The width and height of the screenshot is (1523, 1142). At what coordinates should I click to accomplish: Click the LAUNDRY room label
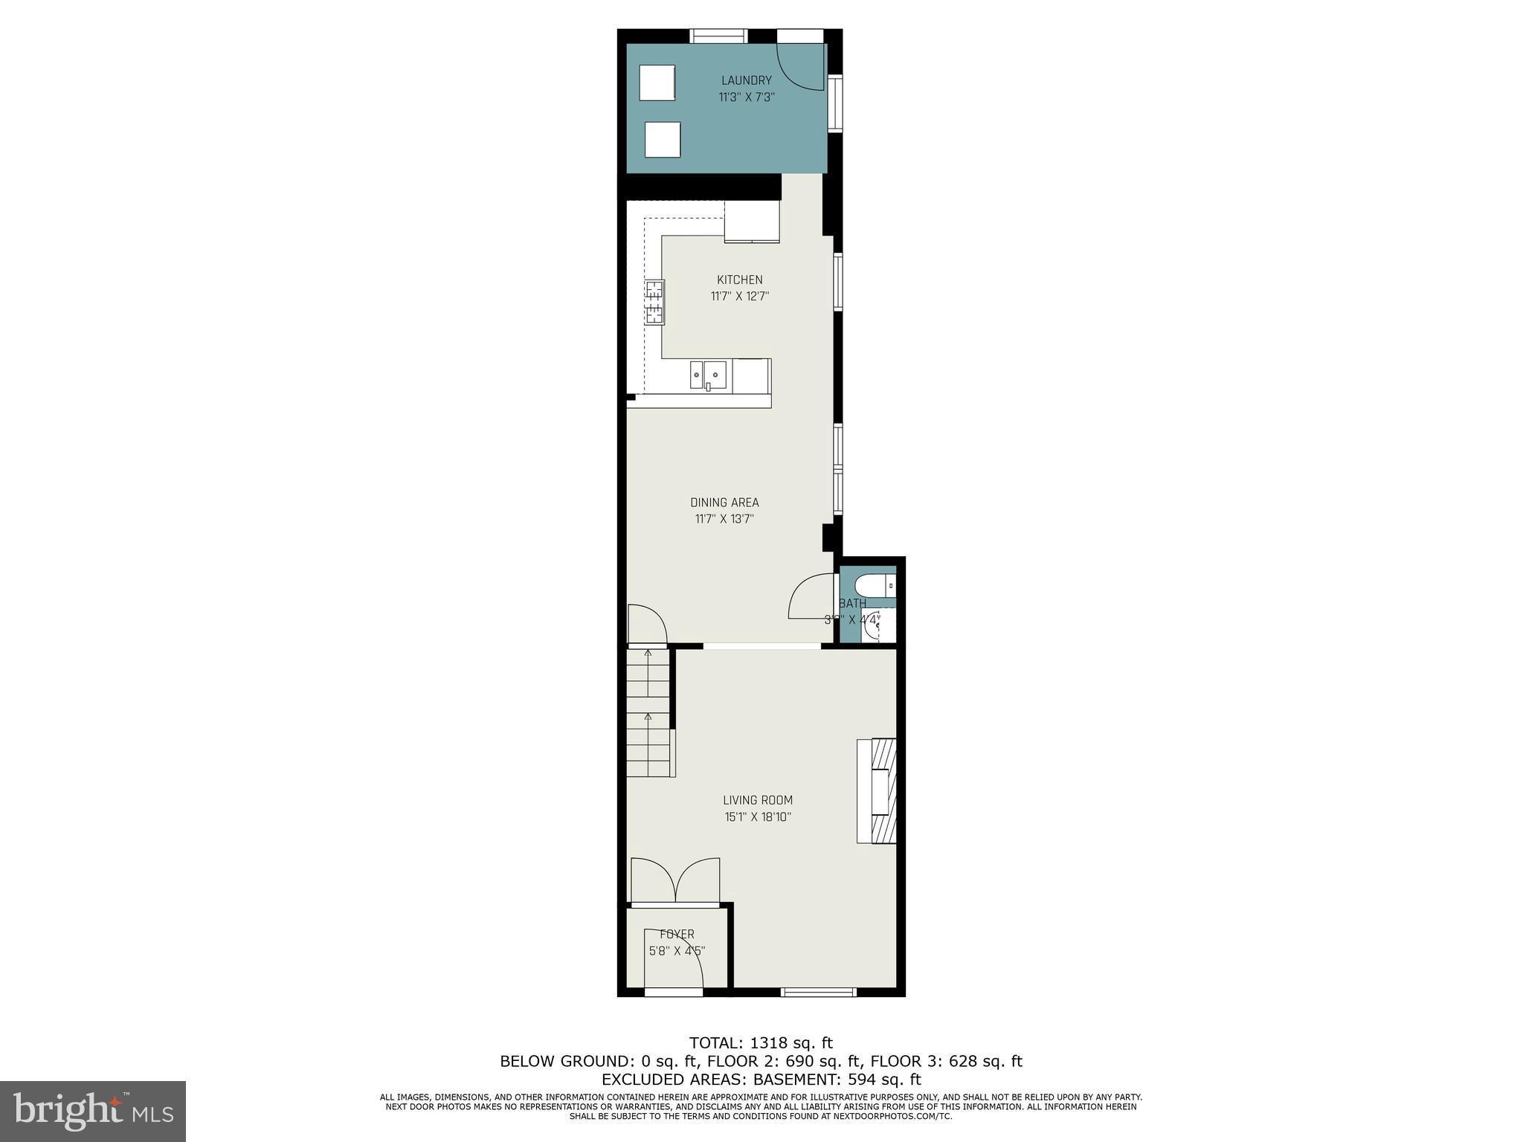coord(746,80)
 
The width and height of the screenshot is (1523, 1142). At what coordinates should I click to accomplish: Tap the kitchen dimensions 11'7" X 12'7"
coord(739,296)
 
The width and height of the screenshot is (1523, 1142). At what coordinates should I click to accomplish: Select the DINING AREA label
coord(724,503)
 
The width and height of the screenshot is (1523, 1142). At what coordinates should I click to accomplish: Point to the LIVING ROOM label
coord(758,800)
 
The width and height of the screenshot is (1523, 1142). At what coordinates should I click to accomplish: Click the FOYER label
coord(677,934)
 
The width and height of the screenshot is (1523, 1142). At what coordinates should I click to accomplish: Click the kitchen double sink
coord(708,375)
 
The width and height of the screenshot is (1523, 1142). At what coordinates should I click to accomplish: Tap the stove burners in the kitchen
coord(654,302)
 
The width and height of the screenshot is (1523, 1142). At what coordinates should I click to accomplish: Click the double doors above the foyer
coord(675,880)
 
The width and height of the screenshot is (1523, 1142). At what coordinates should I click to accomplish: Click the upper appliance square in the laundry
coord(657,83)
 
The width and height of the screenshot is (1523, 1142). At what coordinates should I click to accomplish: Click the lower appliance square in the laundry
coord(662,140)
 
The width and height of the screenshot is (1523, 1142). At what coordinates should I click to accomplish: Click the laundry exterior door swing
coord(802,65)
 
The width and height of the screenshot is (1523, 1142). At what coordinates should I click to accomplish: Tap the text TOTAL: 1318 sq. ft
coord(761,1042)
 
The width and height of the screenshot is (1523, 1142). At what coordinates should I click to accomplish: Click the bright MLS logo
coord(92,1111)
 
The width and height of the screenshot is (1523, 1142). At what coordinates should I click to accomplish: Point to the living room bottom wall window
coord(818,991)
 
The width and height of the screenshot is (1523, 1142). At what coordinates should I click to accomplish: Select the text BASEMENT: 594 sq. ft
coord(837,1080)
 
